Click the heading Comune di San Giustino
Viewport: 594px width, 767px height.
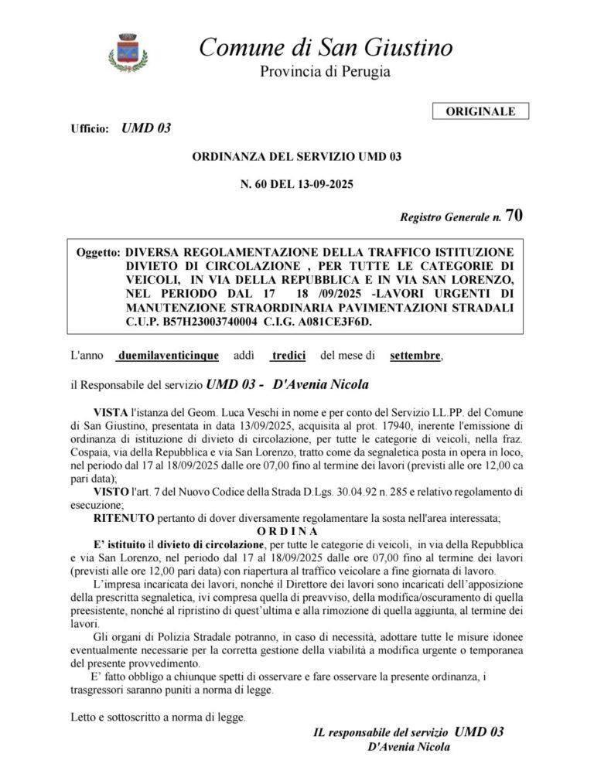326,47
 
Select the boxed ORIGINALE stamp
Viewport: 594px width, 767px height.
480,111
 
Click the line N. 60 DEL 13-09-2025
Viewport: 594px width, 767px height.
297,184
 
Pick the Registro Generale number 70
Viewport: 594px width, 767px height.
513,216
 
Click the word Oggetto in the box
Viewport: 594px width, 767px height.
98,253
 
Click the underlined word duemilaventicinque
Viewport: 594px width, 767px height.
167,356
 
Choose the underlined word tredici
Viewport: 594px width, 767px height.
289,356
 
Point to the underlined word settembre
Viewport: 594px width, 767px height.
415,356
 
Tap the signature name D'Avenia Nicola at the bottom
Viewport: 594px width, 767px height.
409,747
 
